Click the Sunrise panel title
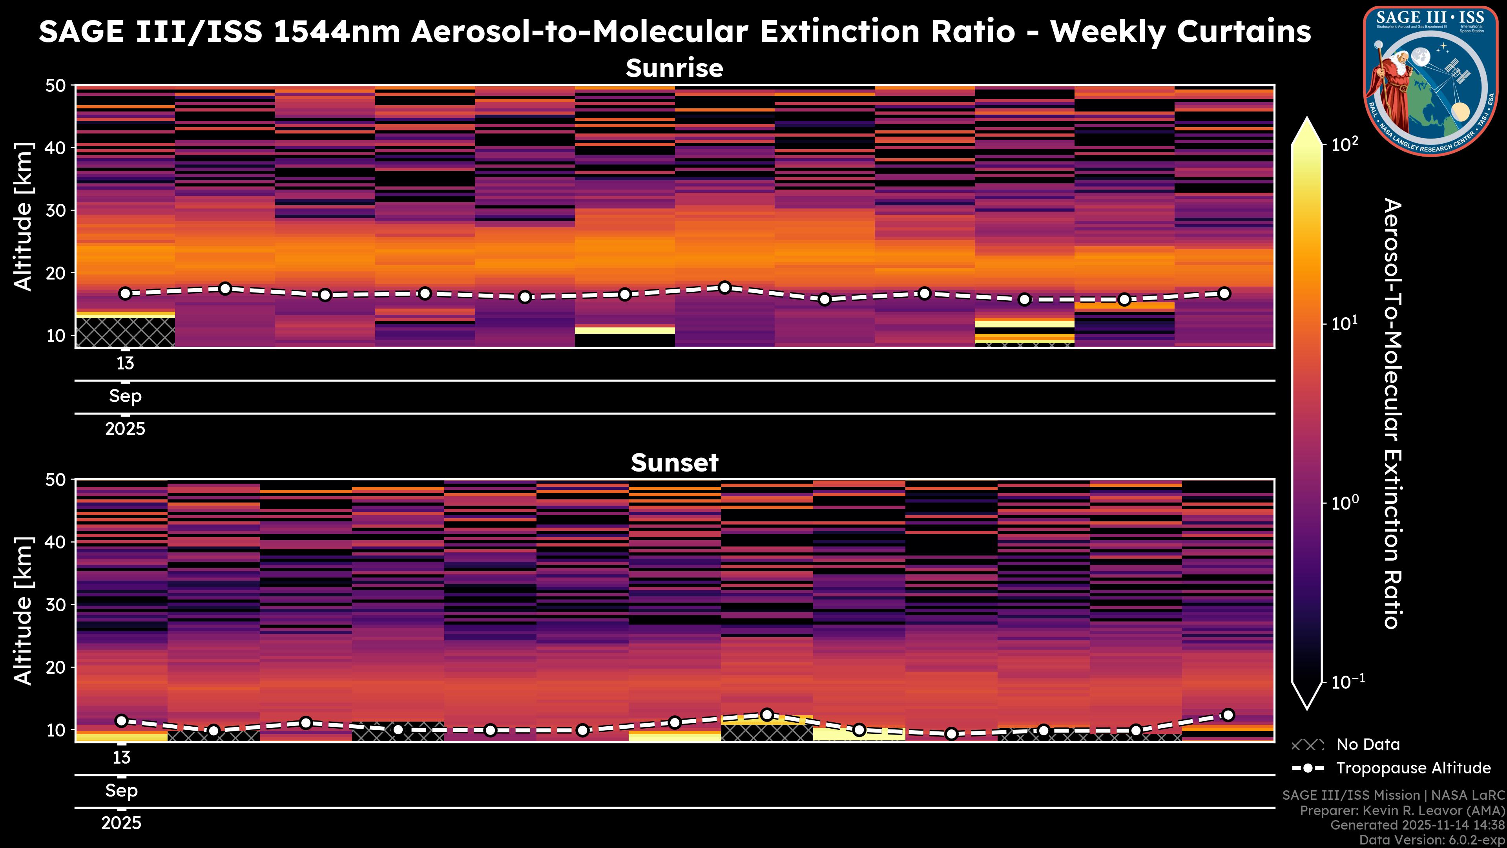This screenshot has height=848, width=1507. pos(675,68)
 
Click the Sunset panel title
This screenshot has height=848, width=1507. pos(675,463)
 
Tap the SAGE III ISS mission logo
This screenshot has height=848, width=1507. pos(1431,81)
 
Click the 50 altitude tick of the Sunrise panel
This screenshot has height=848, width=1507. pos(57,86)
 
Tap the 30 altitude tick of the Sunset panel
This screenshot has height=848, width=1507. pos(57,605)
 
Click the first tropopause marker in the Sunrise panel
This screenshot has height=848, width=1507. pos(125,294)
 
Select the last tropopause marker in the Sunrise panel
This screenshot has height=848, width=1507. pos(1224,294)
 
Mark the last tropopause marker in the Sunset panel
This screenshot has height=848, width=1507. pos(1228,715)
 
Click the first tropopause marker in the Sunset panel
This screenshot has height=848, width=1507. pos(122,720)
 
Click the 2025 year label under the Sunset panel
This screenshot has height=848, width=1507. pos(122,823)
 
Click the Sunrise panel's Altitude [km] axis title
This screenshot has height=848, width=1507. pos(24,217)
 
